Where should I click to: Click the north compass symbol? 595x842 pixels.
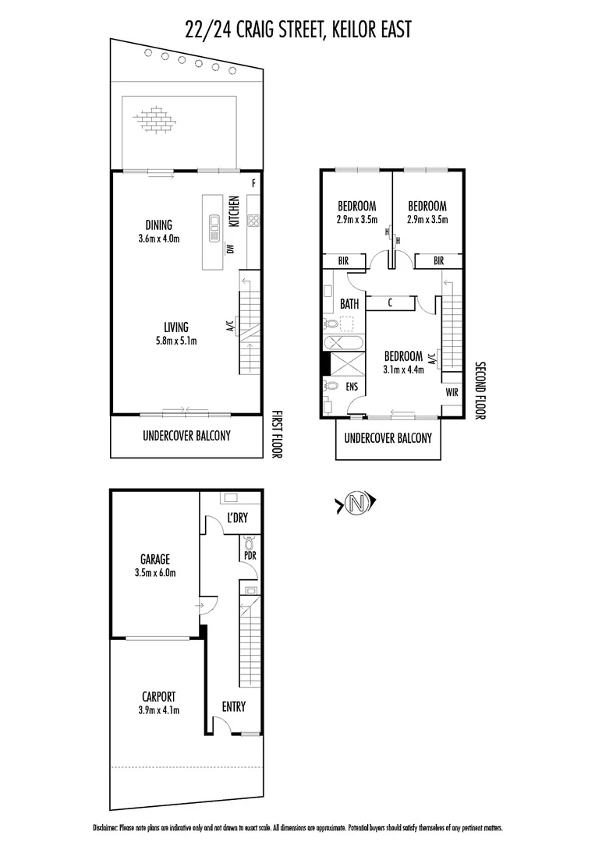coord(356,504)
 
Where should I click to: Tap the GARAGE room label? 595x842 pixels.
coord(155,559)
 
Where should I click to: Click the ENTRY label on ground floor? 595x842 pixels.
coord(233,707)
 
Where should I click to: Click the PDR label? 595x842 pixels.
coord(250,557)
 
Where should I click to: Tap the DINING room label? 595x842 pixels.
coord(158,225)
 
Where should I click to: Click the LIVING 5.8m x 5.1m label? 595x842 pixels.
coord(176,333)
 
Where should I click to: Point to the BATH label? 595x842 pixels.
coord(349,303)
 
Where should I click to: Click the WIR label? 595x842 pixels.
coord(452,393)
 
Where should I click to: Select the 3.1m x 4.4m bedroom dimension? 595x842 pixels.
coord(403,370)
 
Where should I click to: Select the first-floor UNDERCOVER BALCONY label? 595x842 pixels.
coord(186,436)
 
